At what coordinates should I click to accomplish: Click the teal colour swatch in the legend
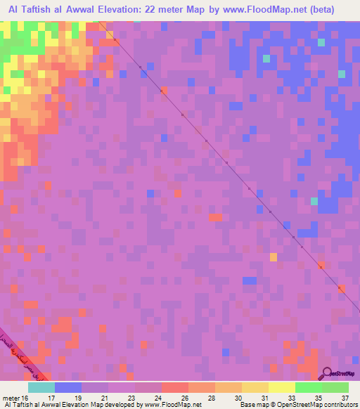41,387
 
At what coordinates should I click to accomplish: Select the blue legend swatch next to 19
68,387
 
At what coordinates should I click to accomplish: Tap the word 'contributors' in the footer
337,405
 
